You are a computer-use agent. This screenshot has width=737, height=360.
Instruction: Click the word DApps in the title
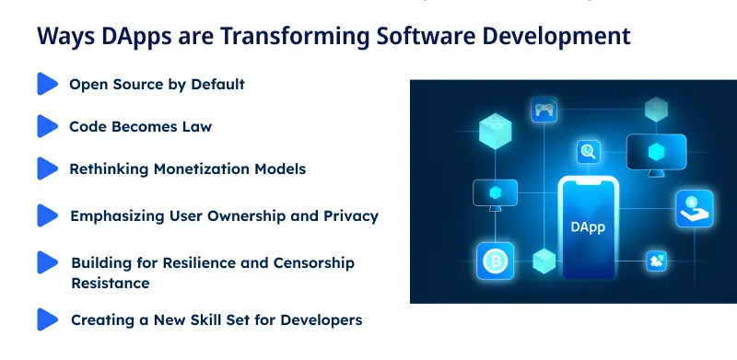coord(124,36)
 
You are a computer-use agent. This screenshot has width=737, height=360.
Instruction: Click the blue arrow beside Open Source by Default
coord(47,84)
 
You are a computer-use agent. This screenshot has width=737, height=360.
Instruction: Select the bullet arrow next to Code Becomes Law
coord(47,126)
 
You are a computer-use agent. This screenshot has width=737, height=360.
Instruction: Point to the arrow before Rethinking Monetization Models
coord(47,168)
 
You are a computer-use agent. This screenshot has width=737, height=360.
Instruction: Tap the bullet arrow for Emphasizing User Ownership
coord(47,215)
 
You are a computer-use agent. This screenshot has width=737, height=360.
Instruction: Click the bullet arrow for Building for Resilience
coord(47,262)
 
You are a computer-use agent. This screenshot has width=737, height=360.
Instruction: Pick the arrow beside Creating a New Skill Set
coord(47,319)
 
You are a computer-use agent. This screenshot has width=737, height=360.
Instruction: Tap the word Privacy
coord(353,216)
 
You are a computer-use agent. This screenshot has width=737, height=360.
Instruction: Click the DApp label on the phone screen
coord(588,227)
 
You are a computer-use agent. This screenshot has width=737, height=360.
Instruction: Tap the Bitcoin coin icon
coord(495,261)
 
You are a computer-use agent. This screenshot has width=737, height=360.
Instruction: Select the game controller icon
coord(544,110)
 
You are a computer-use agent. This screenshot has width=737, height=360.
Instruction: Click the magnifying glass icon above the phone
coord(589,152)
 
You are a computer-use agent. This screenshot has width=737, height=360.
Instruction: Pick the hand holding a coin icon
coord(693,208)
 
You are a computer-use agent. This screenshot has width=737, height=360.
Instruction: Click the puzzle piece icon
coord(657,261)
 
